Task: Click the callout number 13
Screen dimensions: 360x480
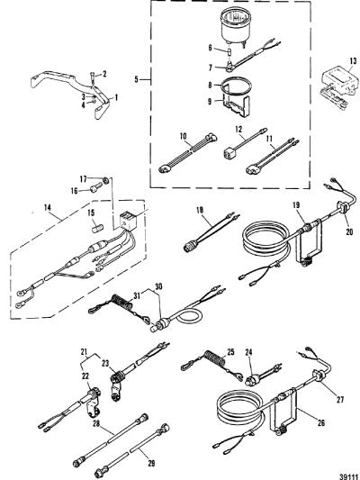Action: [353, 60]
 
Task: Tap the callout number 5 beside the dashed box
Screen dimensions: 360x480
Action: [137, 80]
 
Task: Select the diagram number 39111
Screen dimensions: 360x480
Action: [348, 476]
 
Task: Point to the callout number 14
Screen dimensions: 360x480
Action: [47, 207]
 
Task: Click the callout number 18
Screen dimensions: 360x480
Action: [200, 210]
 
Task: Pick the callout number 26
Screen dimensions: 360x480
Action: [320, 422]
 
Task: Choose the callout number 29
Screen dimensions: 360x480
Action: [151, 463]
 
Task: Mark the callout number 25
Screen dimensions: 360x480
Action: [230, 352]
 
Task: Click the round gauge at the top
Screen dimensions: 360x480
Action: [235, 26]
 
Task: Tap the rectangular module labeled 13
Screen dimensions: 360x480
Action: [337, 79]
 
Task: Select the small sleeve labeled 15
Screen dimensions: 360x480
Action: [98, 229]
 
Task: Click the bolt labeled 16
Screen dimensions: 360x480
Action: [95, 187]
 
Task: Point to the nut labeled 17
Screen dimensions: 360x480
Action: [106, 180]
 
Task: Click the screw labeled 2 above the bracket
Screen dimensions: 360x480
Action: [93, 77]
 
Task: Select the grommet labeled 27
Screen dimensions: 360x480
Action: [316, 376]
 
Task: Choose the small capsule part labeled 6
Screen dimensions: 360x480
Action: [229, 50]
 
